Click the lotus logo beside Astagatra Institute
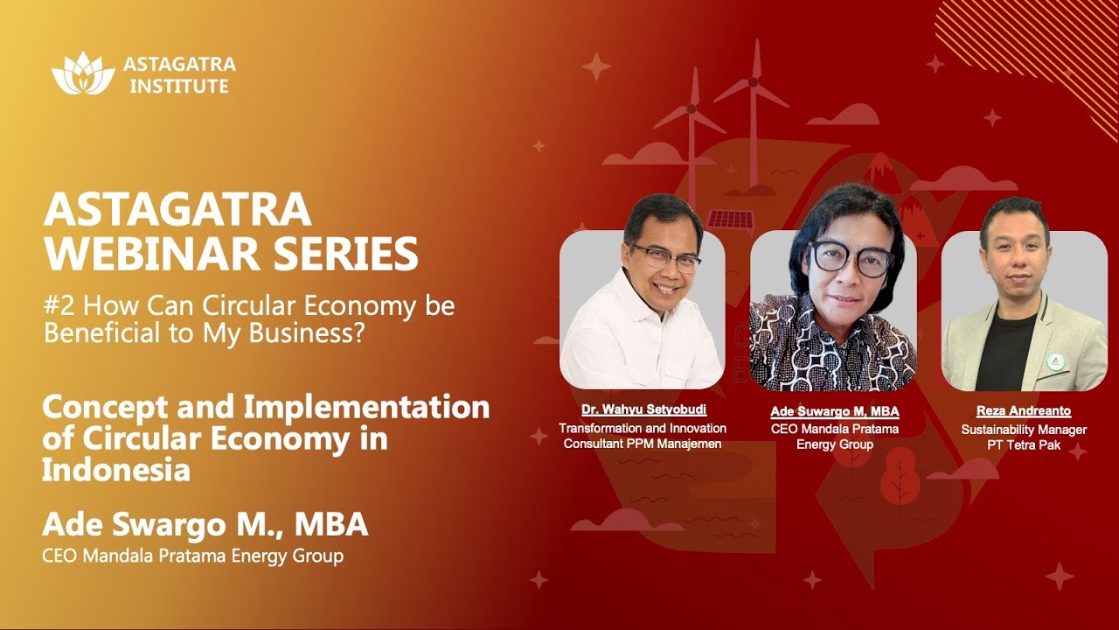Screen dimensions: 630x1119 pyautogui.click(x=83, y=73)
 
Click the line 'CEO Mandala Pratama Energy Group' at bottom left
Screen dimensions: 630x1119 pyautogui.click(x=192, y=556)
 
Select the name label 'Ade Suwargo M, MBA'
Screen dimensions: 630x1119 pyautogui.click(x=835, y=411)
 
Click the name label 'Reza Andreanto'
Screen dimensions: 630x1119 pyautogui.click(x=1024, y=411)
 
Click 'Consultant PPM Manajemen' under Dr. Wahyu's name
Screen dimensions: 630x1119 pyautogui.click(x=643, y=444)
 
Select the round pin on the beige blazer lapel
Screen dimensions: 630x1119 pyautogui.click(x=1056, y=360)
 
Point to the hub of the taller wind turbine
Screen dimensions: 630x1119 pyautogui.click(x=753, y=84)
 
